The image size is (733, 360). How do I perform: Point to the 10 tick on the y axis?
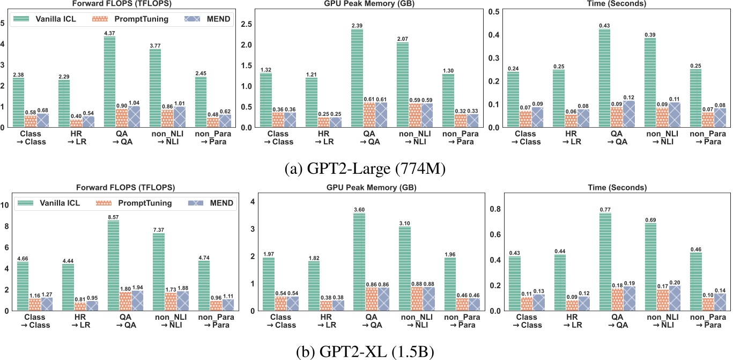pos(6,205)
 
